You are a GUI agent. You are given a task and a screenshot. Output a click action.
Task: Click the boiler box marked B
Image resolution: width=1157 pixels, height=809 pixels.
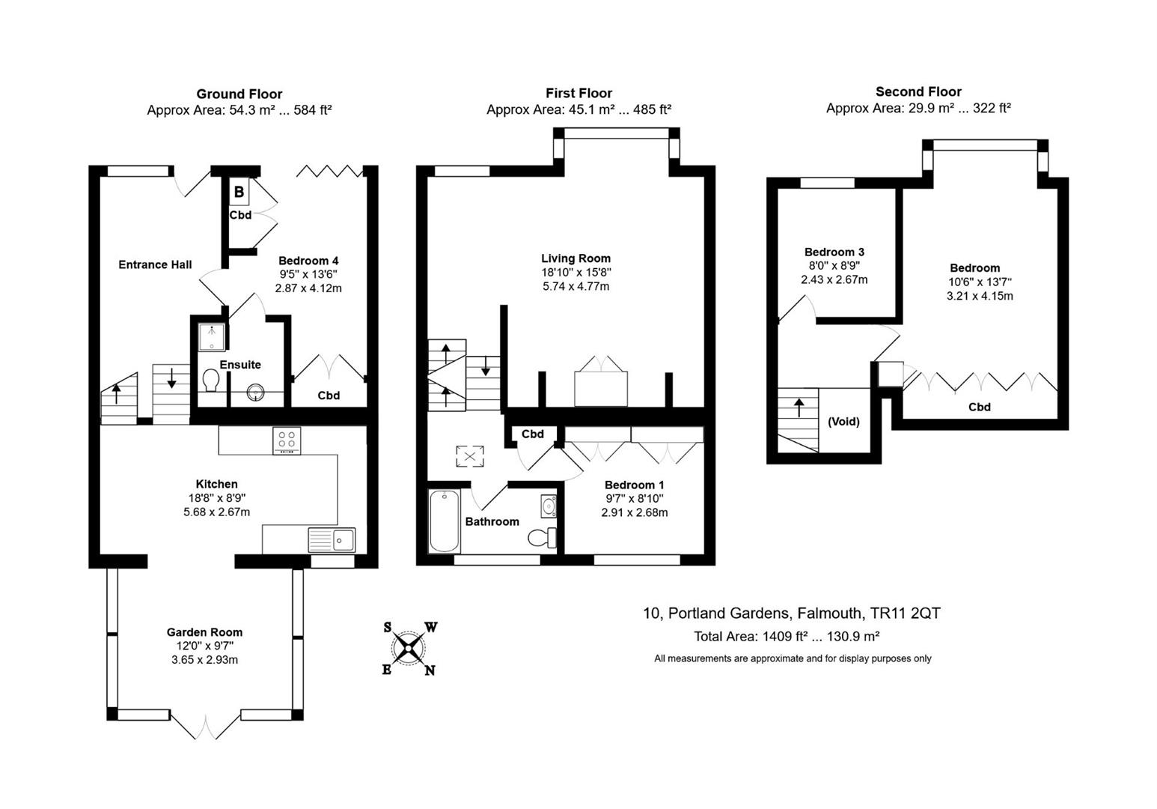click(239, 192)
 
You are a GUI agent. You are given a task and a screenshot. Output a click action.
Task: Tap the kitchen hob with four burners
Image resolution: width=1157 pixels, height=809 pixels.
click(287, 440)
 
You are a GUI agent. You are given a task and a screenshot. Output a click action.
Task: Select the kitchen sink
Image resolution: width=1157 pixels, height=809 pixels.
click(332, 540)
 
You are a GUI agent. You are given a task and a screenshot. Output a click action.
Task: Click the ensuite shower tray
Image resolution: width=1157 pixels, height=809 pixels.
click(212, 337)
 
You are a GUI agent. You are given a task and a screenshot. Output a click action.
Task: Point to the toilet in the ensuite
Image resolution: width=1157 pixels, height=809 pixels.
click(211, 381)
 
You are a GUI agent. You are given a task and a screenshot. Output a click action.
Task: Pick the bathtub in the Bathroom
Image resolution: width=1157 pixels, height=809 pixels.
click(445, 521)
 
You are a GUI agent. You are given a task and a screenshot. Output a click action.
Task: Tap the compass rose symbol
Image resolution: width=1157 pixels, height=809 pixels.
click(409, 648)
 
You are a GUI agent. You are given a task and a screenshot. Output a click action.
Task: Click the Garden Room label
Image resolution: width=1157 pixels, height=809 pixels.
click(204, 631)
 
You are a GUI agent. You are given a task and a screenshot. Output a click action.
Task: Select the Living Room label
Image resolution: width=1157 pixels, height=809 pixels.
click(576, 258)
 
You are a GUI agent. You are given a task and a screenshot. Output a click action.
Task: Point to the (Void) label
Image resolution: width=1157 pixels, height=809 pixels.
click(843, 421)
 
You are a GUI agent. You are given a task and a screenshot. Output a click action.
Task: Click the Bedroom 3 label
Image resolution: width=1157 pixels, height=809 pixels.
click(834, 252)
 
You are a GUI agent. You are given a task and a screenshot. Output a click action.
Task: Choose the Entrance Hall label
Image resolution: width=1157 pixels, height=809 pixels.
click(155, 264)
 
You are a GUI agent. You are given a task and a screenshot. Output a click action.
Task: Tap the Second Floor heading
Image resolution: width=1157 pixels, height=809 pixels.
click(918, 91)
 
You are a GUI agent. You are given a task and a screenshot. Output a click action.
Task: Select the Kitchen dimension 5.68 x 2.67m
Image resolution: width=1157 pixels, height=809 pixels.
click(216, 512)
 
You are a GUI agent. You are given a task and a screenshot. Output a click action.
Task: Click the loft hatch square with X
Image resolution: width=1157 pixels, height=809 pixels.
click(470, 456)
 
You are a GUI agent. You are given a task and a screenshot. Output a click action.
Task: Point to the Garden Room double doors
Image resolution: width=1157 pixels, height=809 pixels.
click(206, 726)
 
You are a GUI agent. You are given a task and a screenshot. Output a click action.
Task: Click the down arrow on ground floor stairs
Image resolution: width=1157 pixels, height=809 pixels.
click(171, 378)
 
